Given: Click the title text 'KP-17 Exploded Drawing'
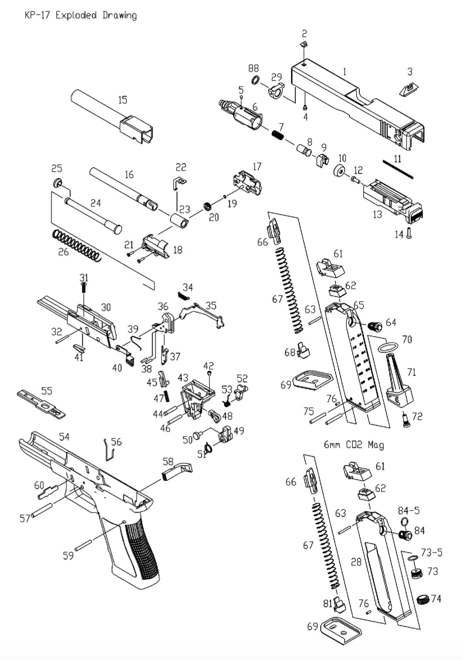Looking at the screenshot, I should [81, 15].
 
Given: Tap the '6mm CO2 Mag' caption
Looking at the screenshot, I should [354, 445].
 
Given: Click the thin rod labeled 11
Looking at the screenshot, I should [398, 169].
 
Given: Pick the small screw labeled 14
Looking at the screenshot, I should [409, 233].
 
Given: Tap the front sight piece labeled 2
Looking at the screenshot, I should [304, 44].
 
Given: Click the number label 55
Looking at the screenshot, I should [46, 390].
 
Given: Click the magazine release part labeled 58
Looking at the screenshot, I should [177, 470].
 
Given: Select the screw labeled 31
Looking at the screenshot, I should [84, 288].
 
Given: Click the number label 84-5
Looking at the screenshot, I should [408, 510].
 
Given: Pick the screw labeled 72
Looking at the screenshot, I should [406, 420].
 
